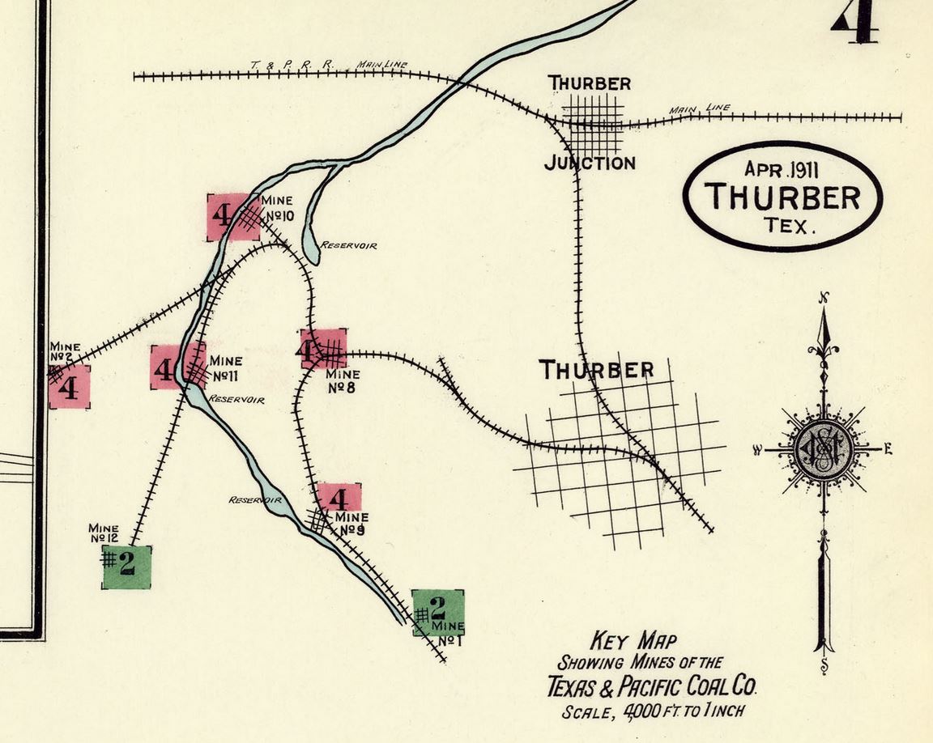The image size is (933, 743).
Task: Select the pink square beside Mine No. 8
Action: tap(323, 350)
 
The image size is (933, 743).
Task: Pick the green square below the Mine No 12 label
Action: tap(126, 567)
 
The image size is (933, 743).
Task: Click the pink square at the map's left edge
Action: tap(70, 387)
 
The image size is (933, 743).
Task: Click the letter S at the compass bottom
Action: tap(824, 666)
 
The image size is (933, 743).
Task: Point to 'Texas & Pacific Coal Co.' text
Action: tap(652, 688)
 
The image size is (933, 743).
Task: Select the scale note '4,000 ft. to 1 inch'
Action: tap(653, 712)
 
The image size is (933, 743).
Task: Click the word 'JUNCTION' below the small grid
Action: tap(589, 163)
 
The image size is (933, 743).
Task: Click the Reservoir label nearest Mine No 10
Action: tap(348, 244)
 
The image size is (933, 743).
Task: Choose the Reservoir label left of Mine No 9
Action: tap(254, 500)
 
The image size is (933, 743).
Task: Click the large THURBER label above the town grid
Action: tap(597, 371)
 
